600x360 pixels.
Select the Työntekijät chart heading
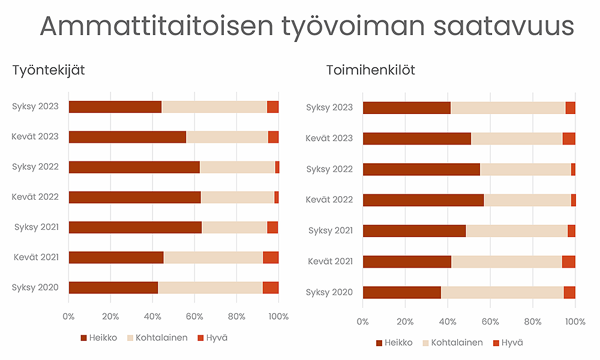coord(49,70)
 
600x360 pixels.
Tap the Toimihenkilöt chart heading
coord(370,70)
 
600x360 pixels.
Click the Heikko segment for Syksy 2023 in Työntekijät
coord(115,107)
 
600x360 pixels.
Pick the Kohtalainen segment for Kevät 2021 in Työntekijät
coord(213,257)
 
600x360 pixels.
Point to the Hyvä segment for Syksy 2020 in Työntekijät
coord(271,287)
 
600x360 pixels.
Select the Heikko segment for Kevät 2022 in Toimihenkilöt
coord(423,200)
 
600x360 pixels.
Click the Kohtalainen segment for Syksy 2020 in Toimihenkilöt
coord(502,292)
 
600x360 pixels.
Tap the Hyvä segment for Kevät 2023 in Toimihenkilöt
coord(569,139)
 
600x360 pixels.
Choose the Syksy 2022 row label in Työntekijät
coord(35,166)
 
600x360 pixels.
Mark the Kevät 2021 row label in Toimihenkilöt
coord(329,261)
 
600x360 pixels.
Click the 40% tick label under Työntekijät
coord(152,316)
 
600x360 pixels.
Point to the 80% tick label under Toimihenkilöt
coord(533,322)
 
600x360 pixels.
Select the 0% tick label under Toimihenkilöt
coord(363,322)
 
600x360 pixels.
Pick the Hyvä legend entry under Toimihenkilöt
coord(508,343)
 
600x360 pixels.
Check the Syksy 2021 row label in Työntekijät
coord(35,226)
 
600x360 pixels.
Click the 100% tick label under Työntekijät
coord(278,316)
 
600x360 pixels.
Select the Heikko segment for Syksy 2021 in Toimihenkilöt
coord(414,231)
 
